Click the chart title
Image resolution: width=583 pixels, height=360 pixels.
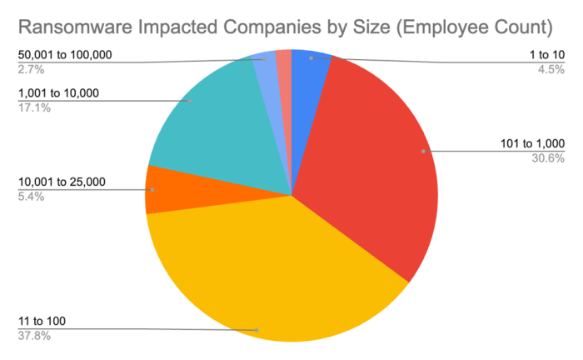point(285,27)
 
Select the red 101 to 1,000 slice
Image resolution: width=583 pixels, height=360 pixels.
point(366,158)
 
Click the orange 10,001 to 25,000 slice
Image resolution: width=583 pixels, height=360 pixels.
point(158,189)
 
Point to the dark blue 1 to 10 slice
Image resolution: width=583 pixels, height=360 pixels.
point(310,67)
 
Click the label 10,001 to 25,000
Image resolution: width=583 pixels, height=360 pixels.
point(62,182)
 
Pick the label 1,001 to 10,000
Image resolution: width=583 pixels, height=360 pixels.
point(58,93)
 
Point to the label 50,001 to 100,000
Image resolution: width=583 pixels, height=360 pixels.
point(64,55)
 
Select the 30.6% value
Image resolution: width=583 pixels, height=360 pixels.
point(548,158)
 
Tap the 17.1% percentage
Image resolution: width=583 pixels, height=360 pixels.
point(32,107)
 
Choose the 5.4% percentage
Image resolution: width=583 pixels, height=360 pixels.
point(30,197)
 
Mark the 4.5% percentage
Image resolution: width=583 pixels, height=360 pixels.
point(551,70)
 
